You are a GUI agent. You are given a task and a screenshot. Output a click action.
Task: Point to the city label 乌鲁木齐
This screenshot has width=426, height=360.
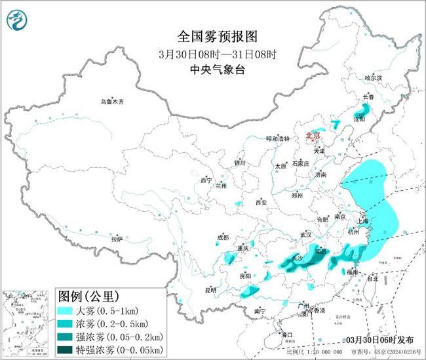pyautogui.click(x=112, y=102)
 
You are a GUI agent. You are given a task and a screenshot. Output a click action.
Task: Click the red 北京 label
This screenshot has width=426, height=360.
pyautogui.click(x=314, y=136)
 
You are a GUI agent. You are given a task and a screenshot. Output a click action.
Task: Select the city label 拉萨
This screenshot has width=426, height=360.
pyautogui.click(x=117, y=239)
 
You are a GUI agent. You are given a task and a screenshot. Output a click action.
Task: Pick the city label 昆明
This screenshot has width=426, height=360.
pyautogui.click(x=210, y=289)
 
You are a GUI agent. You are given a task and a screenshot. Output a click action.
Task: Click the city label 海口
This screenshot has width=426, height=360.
pyautogui.click(x=286, y=334)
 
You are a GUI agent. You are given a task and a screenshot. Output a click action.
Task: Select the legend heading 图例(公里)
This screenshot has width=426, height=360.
pyautogui.click(x=87, y=296)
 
